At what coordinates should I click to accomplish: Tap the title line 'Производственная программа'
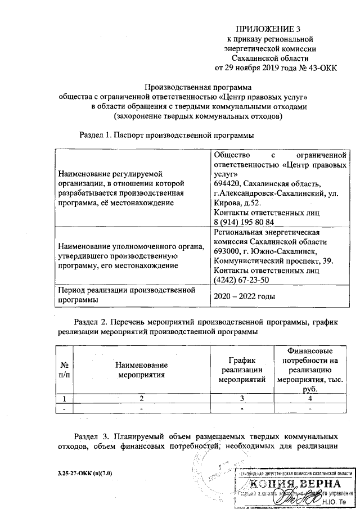pos(198,87)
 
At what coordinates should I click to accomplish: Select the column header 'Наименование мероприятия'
pos(142,370)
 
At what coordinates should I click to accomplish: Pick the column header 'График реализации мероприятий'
pos(241,370)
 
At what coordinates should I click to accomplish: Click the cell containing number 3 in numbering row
pos(241,399)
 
